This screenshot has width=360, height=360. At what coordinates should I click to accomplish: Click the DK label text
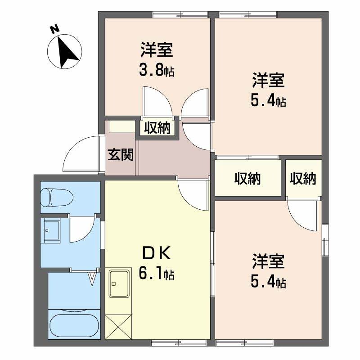point(157,254)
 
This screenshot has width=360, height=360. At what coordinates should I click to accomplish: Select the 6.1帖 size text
point(157,273)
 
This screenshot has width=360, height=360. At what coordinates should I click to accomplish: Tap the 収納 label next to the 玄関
point(157,128)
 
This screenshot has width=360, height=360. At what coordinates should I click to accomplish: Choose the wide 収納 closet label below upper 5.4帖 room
point(247,179)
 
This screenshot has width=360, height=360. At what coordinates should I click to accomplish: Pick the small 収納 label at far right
point(303,179)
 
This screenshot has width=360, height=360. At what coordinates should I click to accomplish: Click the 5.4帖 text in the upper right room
point(268,101)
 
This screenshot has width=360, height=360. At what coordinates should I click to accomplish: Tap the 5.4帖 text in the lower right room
point(268,282)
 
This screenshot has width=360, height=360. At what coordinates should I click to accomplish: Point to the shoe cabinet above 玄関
point(121,126)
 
